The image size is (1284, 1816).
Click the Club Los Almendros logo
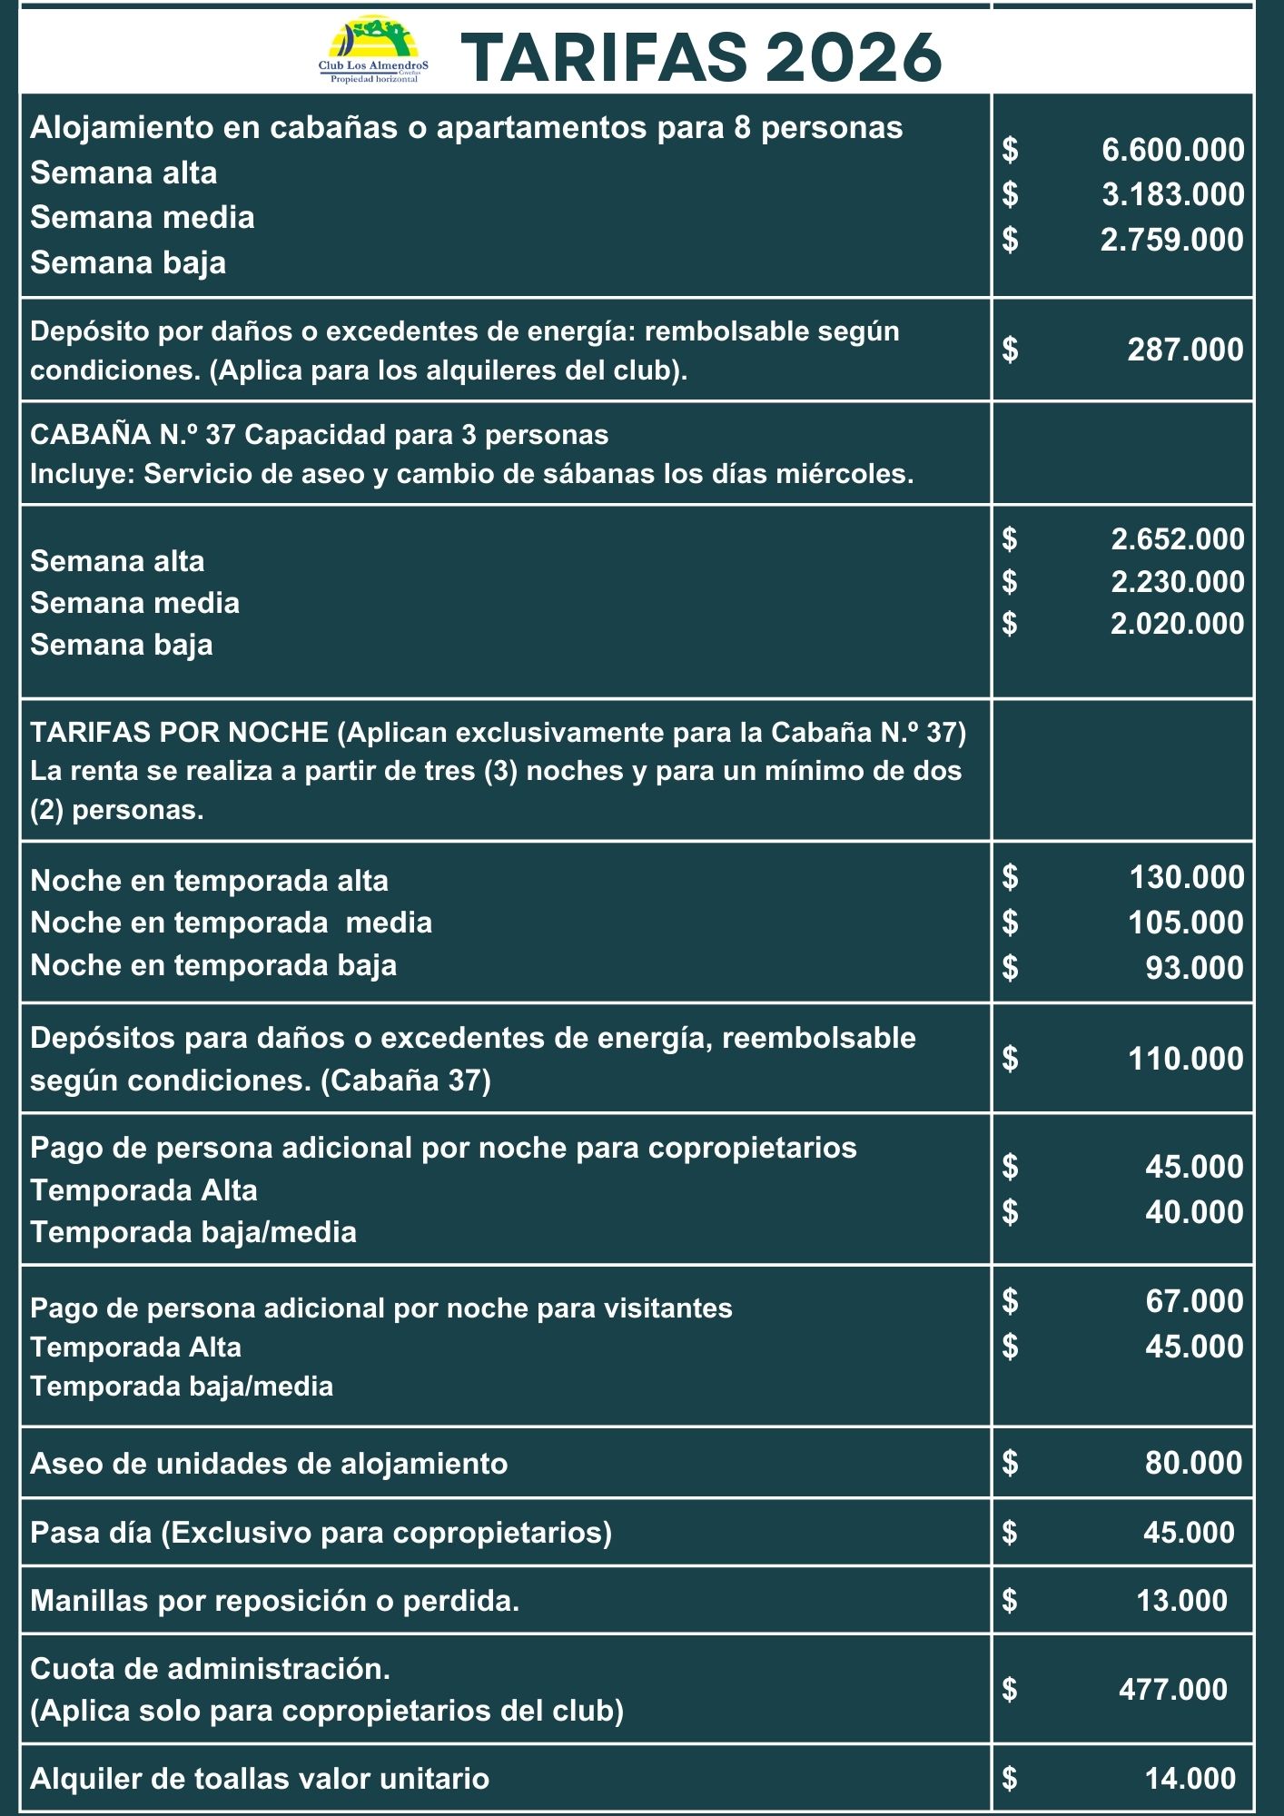click(x=373, y=50)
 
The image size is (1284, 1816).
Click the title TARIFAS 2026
click(x=702, y=56)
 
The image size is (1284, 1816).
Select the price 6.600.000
click(x=1172, y=150)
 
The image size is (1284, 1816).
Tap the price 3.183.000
click(x=1172, y=194)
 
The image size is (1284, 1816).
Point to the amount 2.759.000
click(x=1171, y=240)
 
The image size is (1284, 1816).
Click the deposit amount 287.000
click(x=1185, y=350)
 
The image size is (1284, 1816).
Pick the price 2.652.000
click(x=1177, y=539)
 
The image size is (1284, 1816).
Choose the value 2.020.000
click(x=1177, y=624)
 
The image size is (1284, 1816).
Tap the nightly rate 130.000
click(x=1186, y=877)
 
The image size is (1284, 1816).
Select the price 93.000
click(x=1194, y=968)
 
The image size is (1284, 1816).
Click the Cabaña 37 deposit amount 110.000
click(x=1185, y=1059)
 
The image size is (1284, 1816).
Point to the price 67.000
click(x=1194, y=1301)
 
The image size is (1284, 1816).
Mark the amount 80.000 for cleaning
click(x=1193, y=1463)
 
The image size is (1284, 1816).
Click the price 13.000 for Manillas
click(x=1181, y=1601)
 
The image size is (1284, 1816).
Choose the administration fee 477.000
click(x=1172, y=1689)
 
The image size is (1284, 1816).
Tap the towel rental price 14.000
click(x=1190, y=1778)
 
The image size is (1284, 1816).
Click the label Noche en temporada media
click(x=231, y=923)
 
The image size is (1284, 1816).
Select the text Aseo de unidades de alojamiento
click(x=269, y=1464)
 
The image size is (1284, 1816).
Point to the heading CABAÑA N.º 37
click(x=133, y=435)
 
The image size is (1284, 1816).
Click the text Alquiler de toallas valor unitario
click(x=260, y=1778)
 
